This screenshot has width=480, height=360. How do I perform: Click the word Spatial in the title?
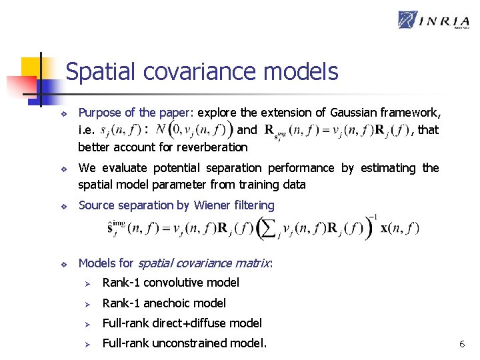coord(97,72)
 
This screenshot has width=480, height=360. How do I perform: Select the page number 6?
coord(461,344)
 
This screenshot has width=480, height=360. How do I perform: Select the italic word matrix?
coord(251,263)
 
